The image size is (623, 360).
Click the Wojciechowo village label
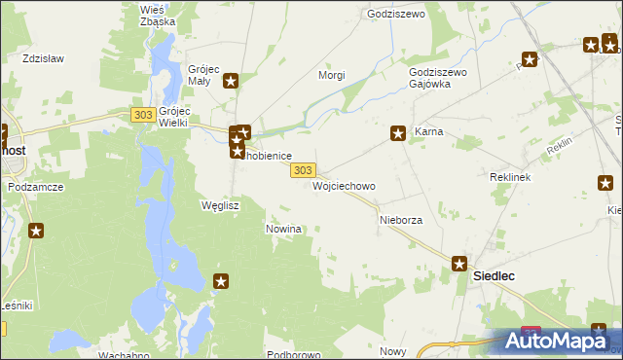(x=344, y=185)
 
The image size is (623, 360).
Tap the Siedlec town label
(x=494, y=276)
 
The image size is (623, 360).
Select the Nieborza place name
(x=400, y=221)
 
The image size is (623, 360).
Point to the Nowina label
(x=284, y=229)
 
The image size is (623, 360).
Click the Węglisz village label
(x=219, y=206)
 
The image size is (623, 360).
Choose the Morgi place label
(x=333, y=75)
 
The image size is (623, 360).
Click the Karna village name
(x=429, y=131)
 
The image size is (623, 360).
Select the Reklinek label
(x=508, y=178)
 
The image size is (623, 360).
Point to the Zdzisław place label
(x=43, y=58)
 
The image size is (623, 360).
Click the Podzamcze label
(x=35, y=186)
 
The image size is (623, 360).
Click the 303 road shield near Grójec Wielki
(x=143, y=115)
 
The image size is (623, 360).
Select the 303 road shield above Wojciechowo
(x=303, y=169)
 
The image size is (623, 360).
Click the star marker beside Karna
(x=398, y=134)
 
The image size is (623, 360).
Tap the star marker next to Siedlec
(x=458, y=264)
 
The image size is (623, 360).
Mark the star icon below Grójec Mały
(x=231, y=82)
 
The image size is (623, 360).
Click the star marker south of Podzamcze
(x=36, y=231)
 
